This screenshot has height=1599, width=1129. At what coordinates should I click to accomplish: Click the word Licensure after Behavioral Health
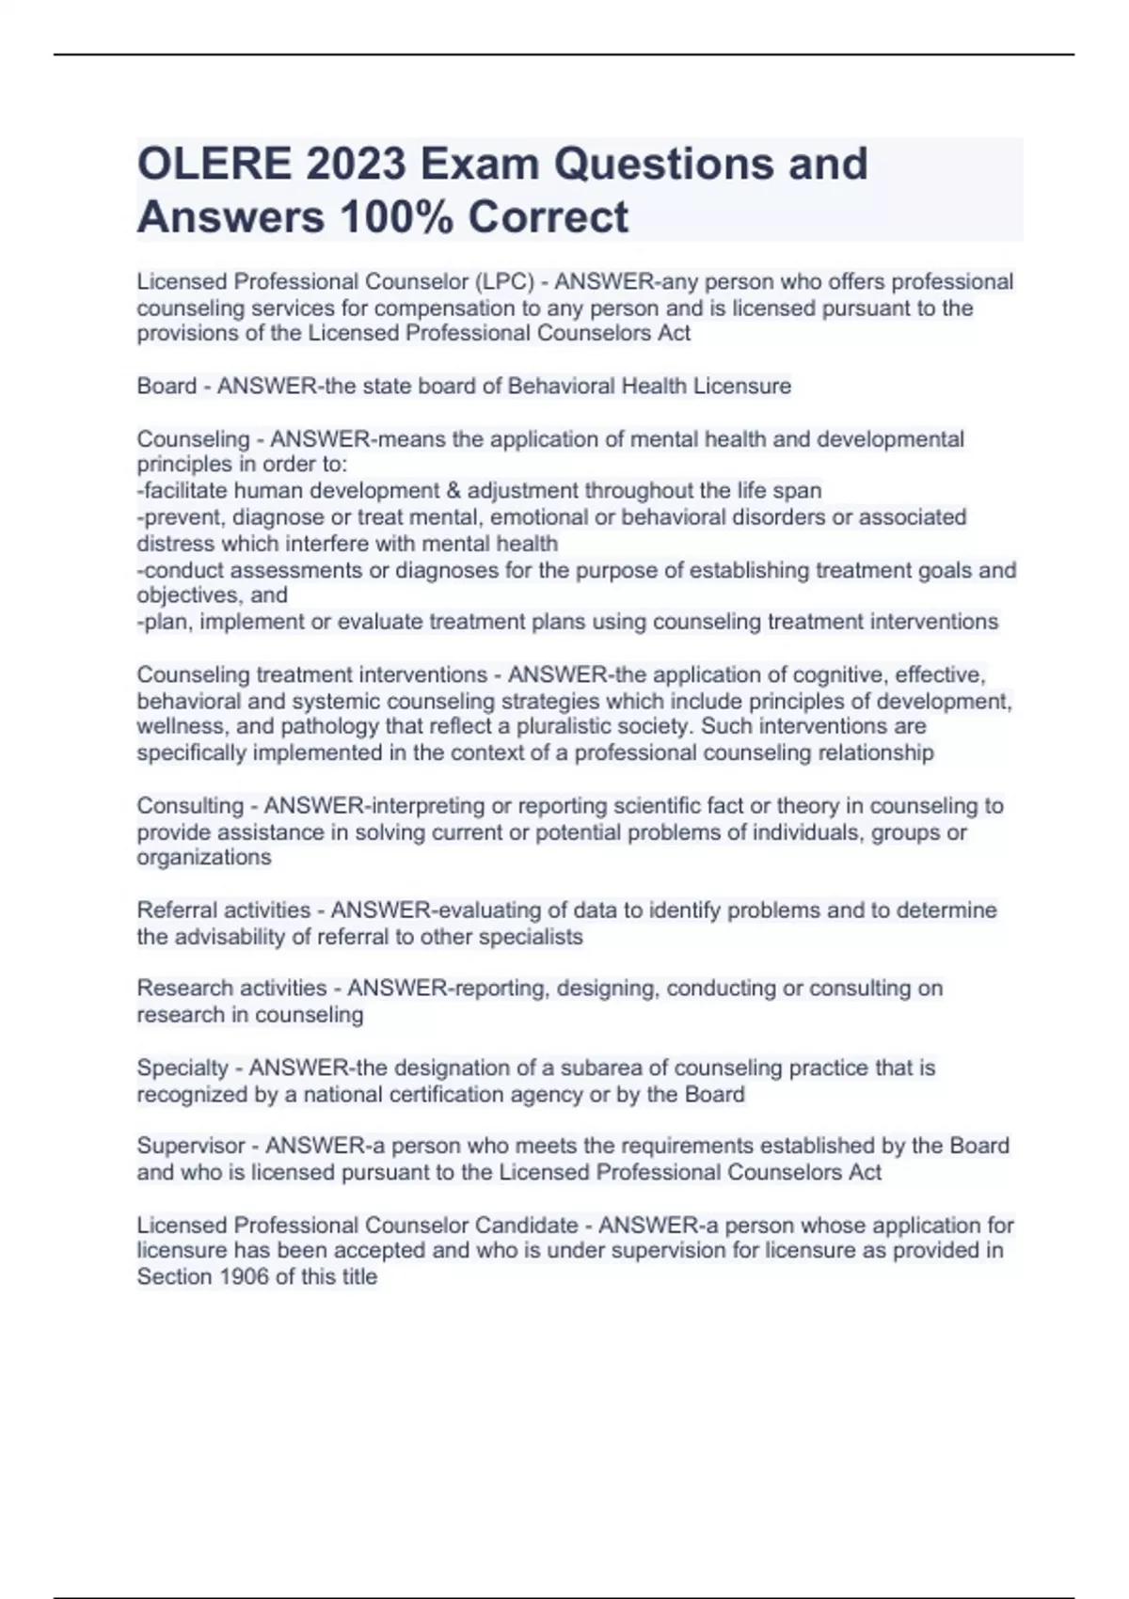coord(742,386)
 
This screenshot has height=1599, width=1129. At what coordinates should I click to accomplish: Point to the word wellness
coord(177,727)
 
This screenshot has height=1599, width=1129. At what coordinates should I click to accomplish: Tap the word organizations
coord(204,858)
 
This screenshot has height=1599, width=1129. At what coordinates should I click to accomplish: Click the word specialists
coord(531,937)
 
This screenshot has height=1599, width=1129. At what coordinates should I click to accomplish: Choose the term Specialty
coord(183,1069)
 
